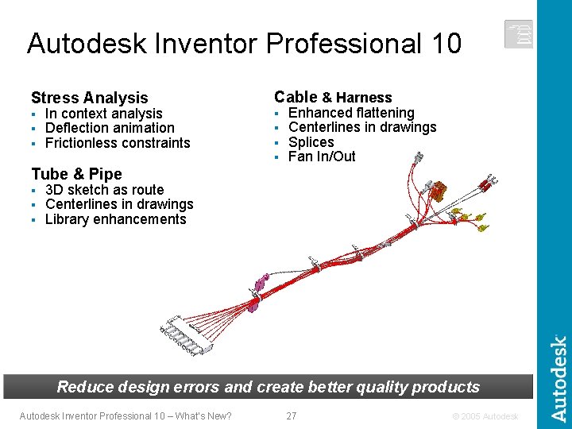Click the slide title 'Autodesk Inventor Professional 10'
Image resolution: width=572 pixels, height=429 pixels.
click(x=244, y=43)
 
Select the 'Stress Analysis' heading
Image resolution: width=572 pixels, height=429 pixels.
click(x=89, y=98)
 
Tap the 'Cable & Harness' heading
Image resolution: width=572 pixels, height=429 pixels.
click(x=333, y=97)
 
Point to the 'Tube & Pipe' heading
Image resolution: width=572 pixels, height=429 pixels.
click(x=76, y=174)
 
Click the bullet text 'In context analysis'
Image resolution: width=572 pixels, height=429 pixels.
click(x=103, y=114)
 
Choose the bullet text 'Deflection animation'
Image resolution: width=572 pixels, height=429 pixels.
click(x=110, y=128)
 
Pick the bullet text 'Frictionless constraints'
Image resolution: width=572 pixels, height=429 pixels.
click(x=118, y=143)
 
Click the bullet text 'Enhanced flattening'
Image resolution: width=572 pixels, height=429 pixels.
click(x=351, y=113)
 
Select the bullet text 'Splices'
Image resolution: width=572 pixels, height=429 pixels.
click(x=311, y=142)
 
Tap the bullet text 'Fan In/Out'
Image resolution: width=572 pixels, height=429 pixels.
click(x=322, y=157)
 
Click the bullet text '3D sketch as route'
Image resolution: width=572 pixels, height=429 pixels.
click(x=104, y=190)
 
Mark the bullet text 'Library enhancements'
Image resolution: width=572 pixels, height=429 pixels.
click(x=115, y=219)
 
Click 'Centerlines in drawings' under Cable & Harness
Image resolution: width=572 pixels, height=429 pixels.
click(x=362, y=127)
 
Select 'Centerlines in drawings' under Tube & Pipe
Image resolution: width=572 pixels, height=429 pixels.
click(x=119, y=204)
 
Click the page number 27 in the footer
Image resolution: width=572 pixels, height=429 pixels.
click(x=291, y=415)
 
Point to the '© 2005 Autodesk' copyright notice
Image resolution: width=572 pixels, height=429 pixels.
click(x=485, y=416)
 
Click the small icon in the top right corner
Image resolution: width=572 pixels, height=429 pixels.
click(x=518, y=34)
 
